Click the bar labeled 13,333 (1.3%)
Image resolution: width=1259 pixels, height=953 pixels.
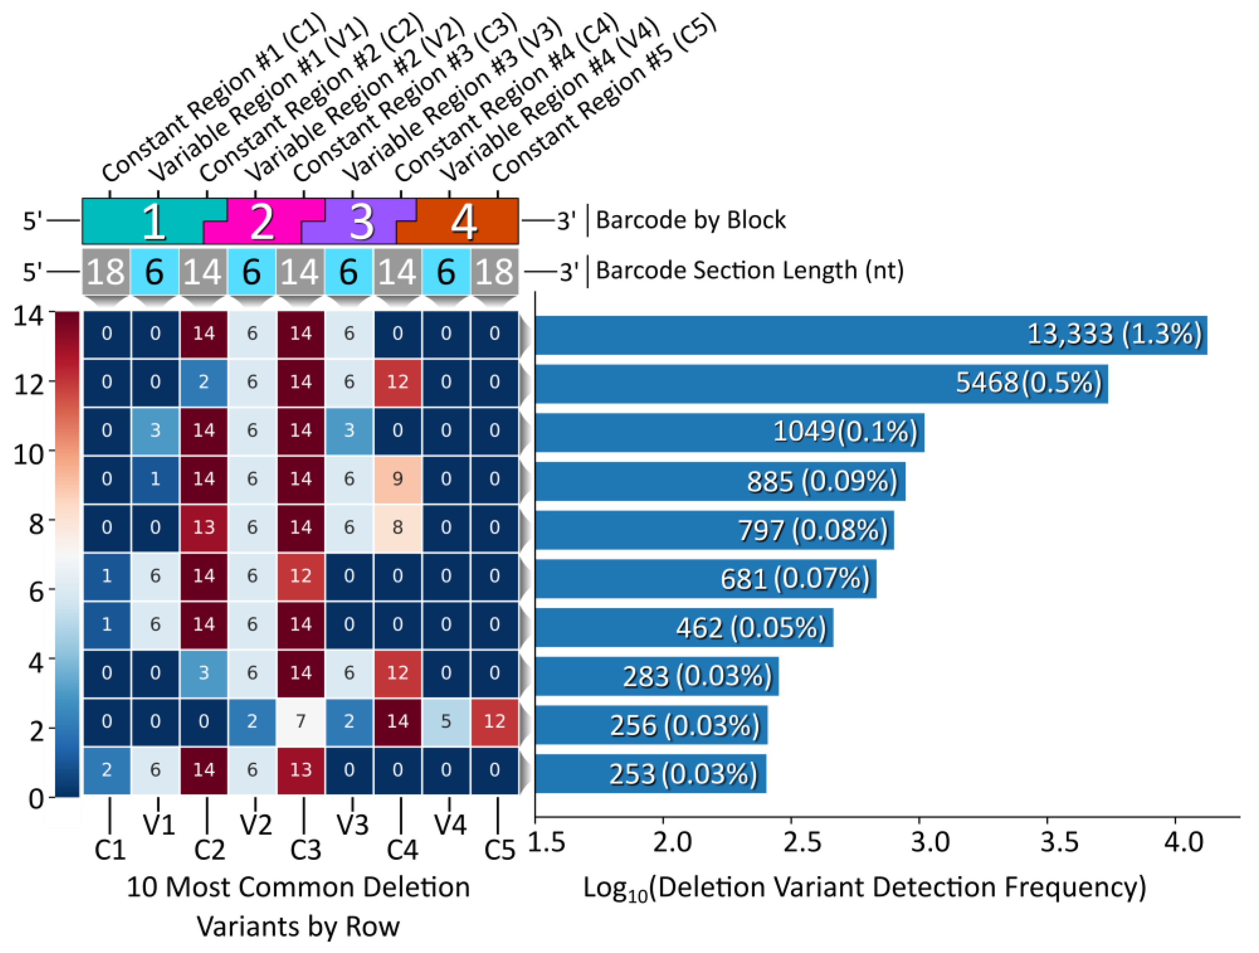coord(871,334)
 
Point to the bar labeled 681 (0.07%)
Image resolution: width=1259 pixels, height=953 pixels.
coord(706,579)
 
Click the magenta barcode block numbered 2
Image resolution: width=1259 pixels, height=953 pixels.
coord(262,221)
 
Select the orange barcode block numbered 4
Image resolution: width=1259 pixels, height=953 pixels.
coord(464,221)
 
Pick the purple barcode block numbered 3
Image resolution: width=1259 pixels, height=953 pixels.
coord(361,221)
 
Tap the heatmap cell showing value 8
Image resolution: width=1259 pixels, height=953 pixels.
coord(397,528)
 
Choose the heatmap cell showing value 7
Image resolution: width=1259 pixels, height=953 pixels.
coord(301,722)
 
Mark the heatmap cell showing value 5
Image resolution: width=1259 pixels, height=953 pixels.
coord(446,722)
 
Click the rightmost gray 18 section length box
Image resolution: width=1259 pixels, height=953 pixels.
coord(494,271)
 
